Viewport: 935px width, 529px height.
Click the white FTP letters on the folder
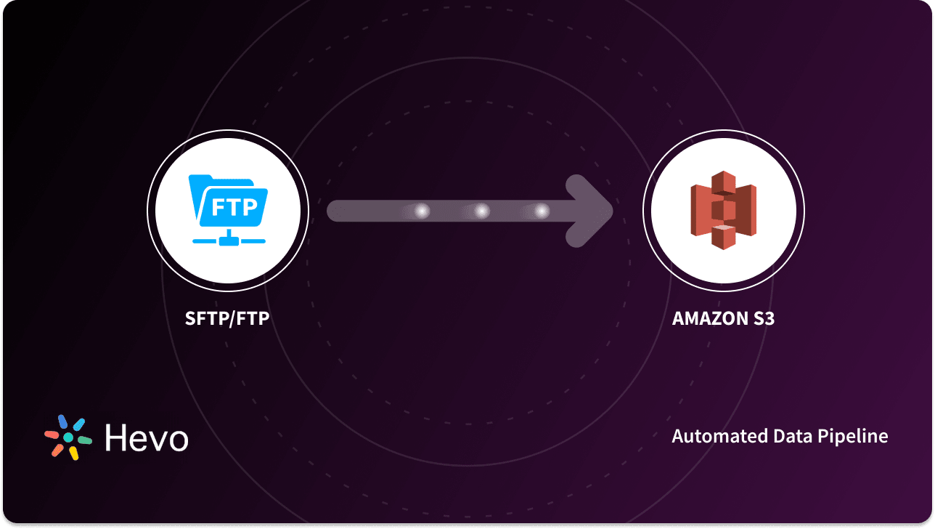click(233, 207)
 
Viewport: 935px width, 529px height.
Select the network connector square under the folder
click(228, 235)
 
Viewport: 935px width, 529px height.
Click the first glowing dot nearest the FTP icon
click(422, 211)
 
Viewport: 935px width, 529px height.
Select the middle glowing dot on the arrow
click(481, 211)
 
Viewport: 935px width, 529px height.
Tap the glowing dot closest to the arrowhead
click(542, 211)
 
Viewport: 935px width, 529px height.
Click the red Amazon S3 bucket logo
click(723, 210)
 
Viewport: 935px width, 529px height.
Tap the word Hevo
click(146, 438)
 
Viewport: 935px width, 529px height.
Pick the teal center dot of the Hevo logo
click(68, 437)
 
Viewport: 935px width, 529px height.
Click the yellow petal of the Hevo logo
click(73, 453)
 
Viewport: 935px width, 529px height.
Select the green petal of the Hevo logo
click(84, 440)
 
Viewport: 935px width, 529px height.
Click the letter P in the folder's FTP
click(249, 207)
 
